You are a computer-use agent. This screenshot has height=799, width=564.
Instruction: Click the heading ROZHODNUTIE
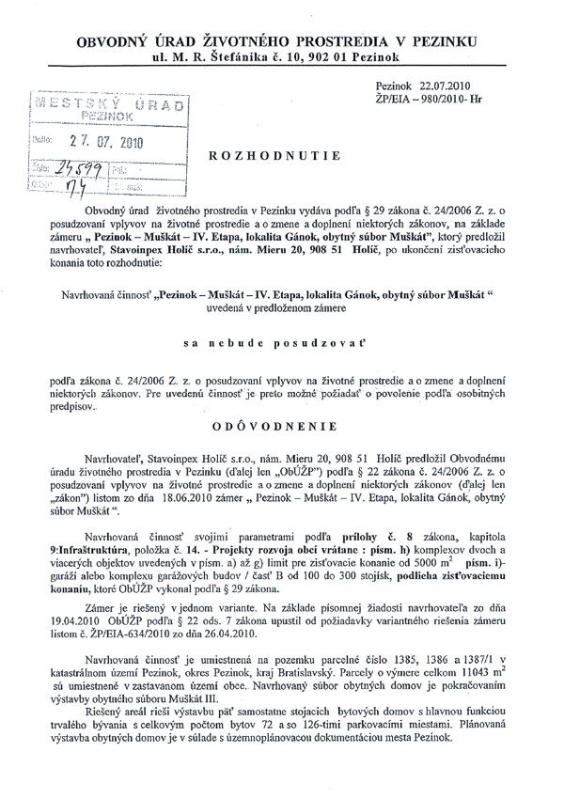tap(273, 154)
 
